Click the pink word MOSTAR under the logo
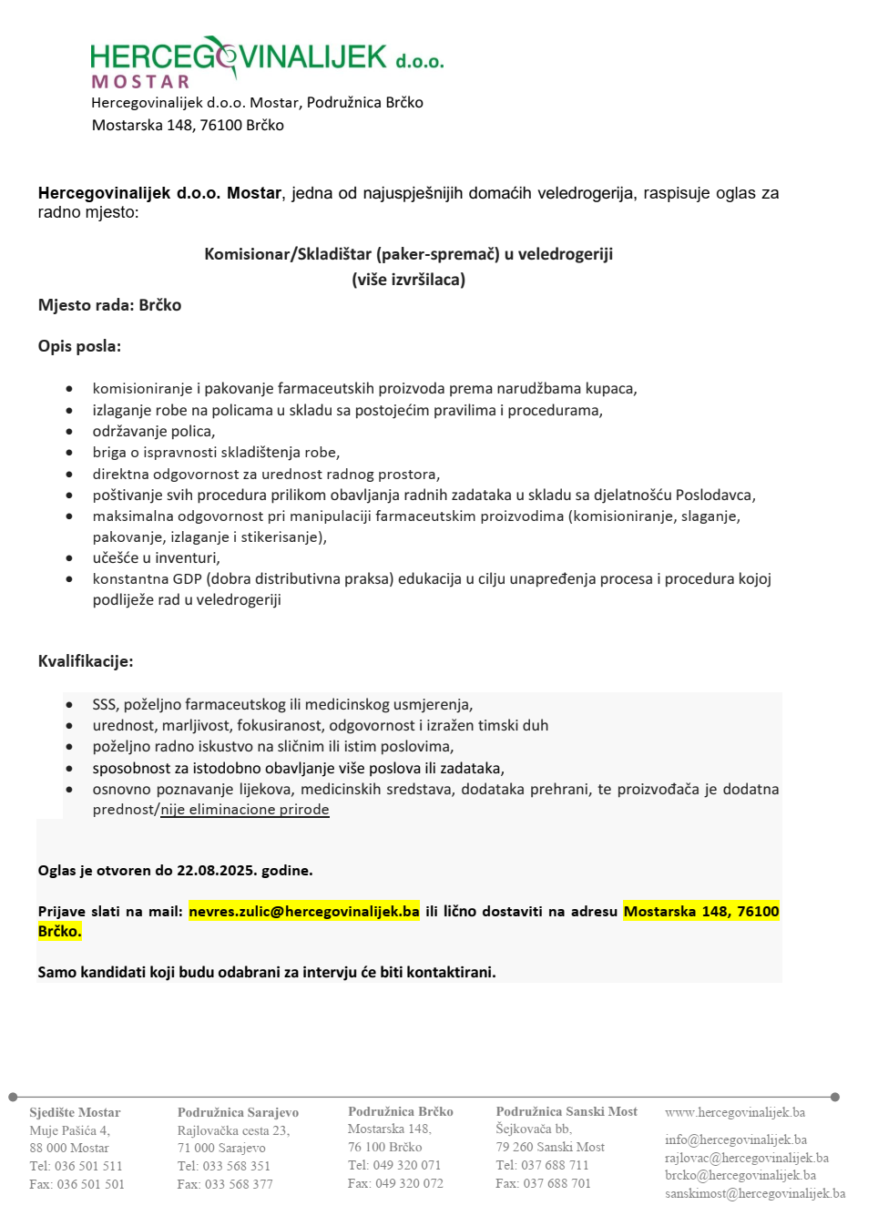tap(140, 82)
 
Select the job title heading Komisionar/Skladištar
tap(408, 254)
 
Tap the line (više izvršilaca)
tap(408, 280)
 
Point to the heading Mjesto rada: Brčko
tap(109, 305)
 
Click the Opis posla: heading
tap(79, 346)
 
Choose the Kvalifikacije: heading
tap(86, 661)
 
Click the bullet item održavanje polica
tap(153, 431)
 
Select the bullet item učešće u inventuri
tap(156, 557)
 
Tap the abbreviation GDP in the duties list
tap(188, 578)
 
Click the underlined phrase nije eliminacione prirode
tap(245, 809)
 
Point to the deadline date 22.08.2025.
tap(216, 870)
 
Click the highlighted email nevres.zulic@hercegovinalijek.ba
tap(304, 911)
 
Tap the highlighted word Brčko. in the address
tap(59, 931)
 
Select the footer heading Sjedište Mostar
tap(75, 1112)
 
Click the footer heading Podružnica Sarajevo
tap(238, 1112)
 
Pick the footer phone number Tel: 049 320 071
tap(394, 1165)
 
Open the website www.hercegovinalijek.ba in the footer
tap(735, 1112)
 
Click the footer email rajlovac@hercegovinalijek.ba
tap(747, 1158)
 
